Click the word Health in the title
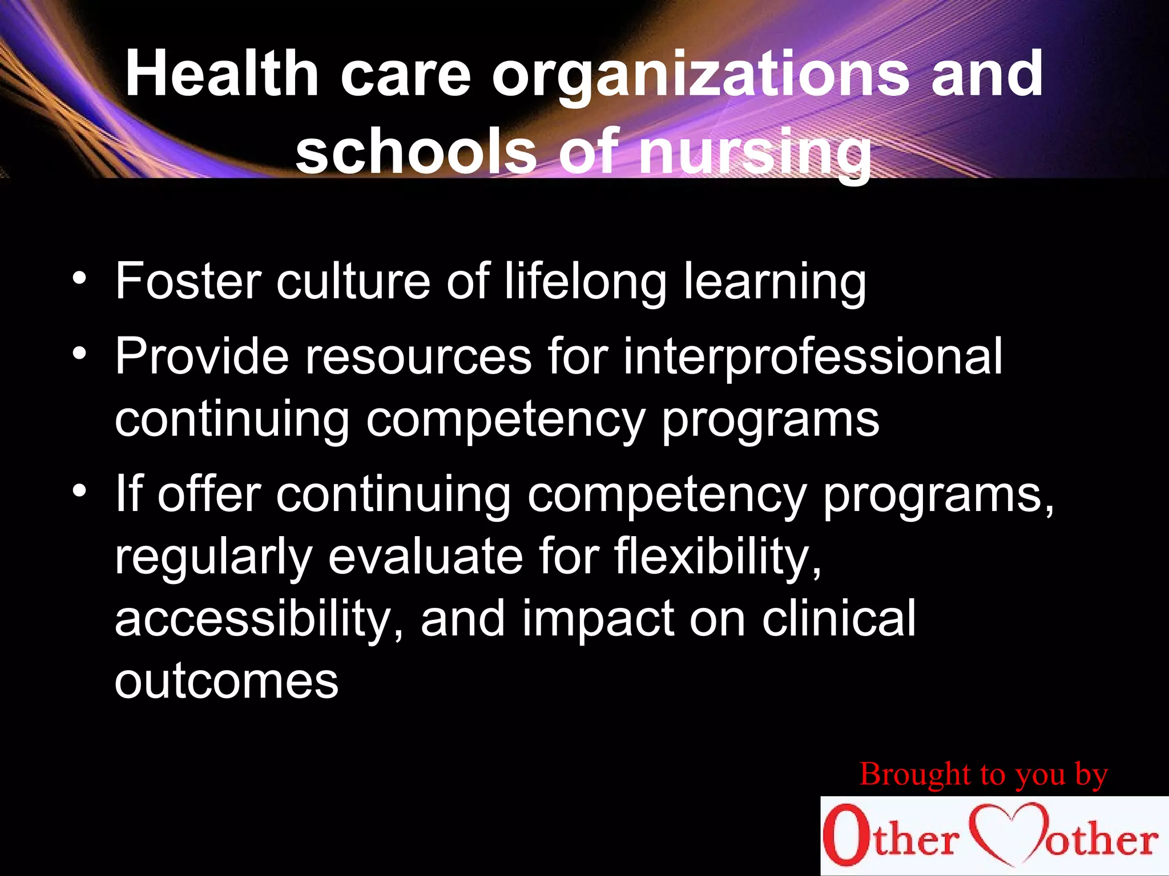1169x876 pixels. point(222,74)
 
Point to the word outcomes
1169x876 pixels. point(227,682)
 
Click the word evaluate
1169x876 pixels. point(425,557)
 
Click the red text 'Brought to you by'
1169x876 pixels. point(983,775)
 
